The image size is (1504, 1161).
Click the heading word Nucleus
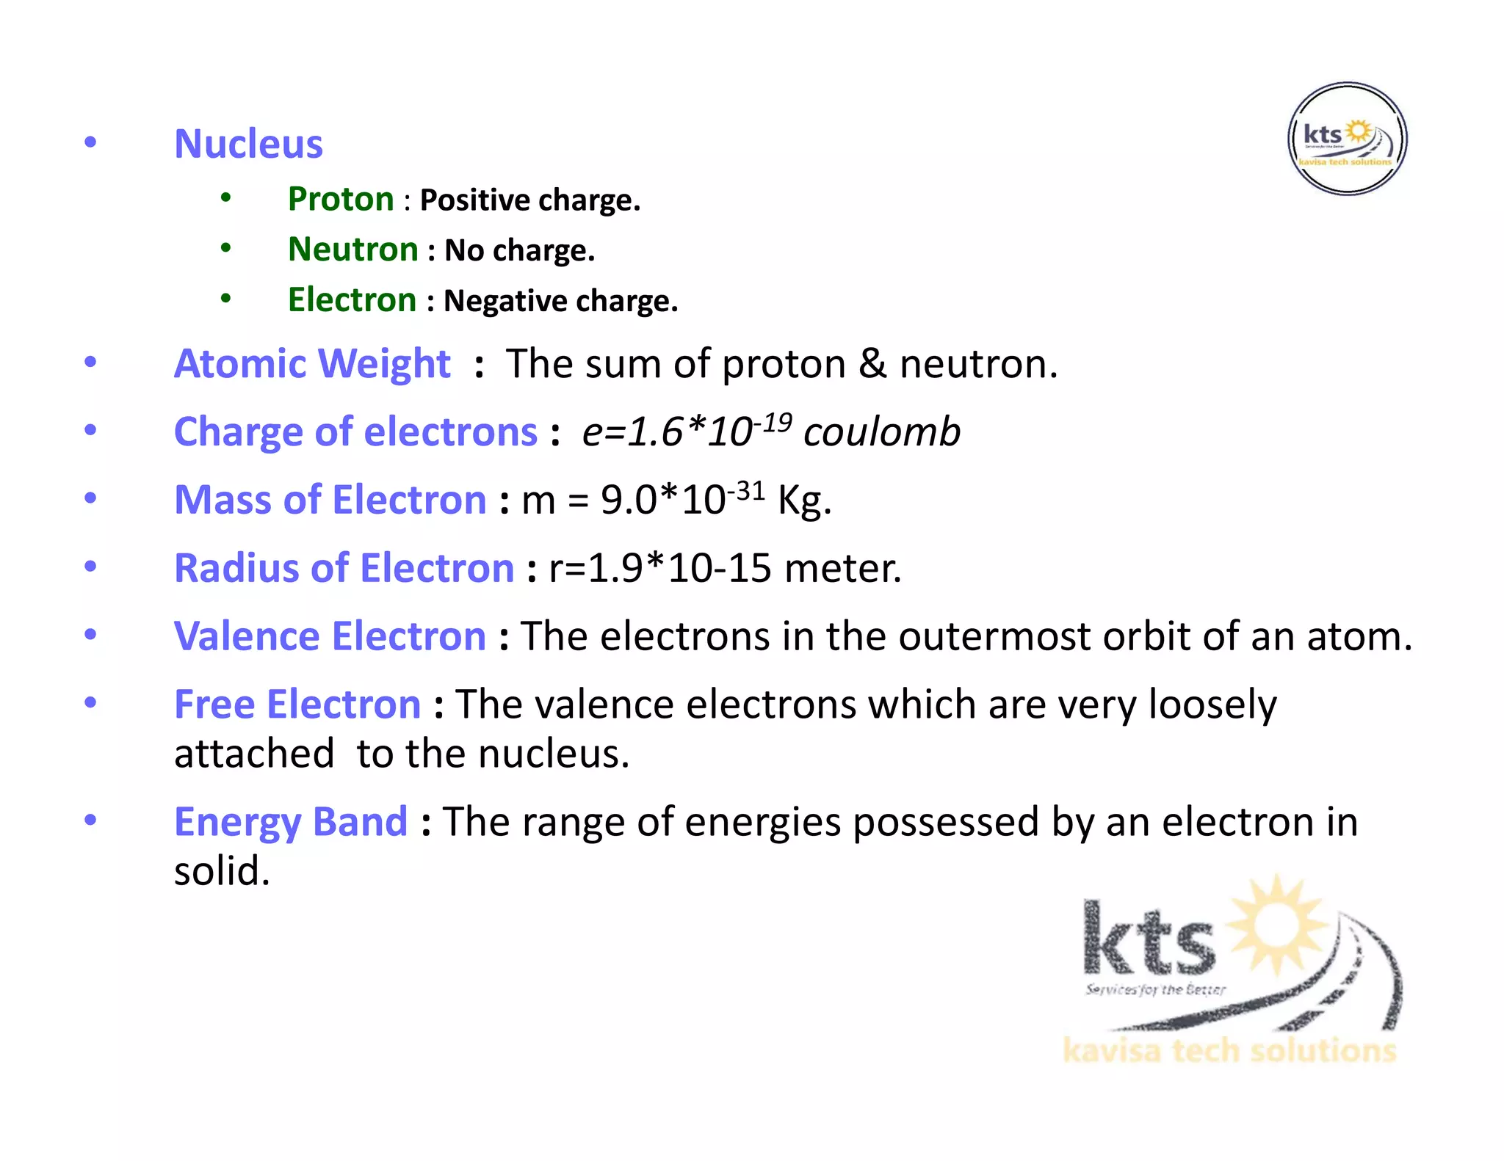click(x=248, y=144)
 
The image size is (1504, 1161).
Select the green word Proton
click(x=341, y=200)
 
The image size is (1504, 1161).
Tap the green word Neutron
click(x=353, y=250)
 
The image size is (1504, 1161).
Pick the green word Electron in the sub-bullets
click(x=352, y=300)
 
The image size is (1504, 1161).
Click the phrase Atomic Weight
click(x=312, y=363)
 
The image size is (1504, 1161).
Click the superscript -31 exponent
click(x=746, y=491)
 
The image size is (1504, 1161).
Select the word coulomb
click(x=882, y=432)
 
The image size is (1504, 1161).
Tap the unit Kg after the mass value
click(x=804, y=501)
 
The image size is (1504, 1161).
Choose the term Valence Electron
click(x=330, y=636)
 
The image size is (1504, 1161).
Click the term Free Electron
click(x=297, y=705)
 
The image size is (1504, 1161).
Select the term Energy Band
click(x=291, y=822)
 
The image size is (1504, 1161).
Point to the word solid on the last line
click(x=222, y=871)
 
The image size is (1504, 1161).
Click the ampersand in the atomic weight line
click(x=872, y=364)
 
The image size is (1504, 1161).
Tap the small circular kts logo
click(x=1348, y=139)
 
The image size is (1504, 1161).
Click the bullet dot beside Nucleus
click(x=90, y=142)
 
